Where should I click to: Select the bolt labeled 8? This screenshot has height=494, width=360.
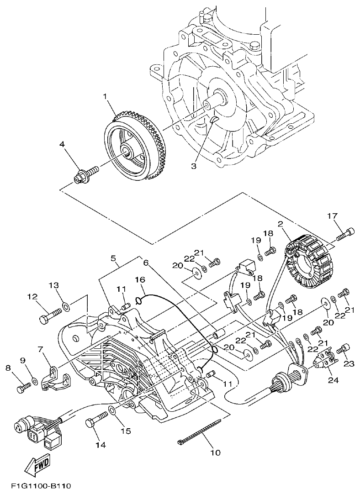coord(23,389)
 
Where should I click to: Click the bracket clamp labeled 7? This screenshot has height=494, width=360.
coord(53,376)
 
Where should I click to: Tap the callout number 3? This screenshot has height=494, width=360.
coord(193,167)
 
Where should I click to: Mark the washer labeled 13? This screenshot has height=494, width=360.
coord(66,305)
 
